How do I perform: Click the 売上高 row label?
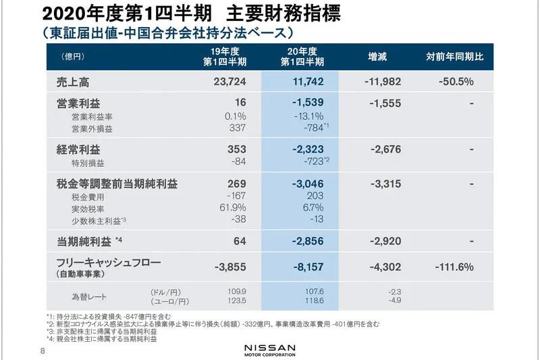pos(73,82)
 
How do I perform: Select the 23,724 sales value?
pos(230,82)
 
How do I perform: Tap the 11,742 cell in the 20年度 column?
pos(308,82)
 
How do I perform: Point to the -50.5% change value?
pos(456,82)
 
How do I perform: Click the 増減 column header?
pos(377,57)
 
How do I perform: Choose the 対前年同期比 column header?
pos(455,57)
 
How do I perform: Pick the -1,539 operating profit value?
pos(308,102)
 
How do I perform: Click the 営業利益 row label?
pos(78,103)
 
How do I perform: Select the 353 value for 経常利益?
pos(237,149)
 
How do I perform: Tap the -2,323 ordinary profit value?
pos(308,149)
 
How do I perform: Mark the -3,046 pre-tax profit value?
pos(308,184)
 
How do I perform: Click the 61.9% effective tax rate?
pos(233,207)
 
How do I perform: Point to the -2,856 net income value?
pos(308,241)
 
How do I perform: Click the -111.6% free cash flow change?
pos(454,267)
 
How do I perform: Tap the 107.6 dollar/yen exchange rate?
pos(315,292)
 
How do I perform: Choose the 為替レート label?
pos(89,297)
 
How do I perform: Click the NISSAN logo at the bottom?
pos(270,350)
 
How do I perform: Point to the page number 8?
pos(43,351)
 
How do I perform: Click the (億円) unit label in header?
pos(73,57)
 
